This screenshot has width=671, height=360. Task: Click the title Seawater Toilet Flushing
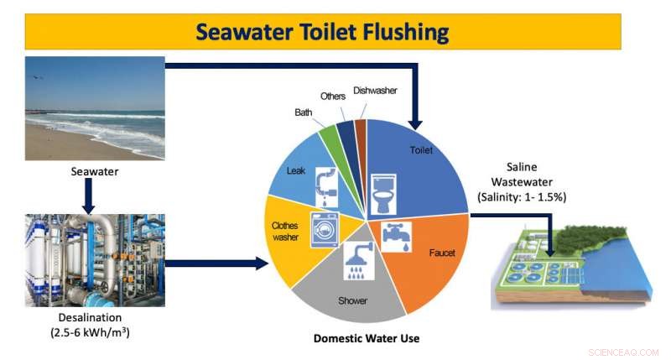pyautogui.click(x=322, y=33)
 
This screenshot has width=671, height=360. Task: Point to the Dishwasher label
pyautogui.click(x=375, y=90)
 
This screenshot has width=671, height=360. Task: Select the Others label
pyautogui.click(x=332, y=97)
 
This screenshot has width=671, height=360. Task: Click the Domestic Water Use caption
pyautogui.click(x=367, y=338)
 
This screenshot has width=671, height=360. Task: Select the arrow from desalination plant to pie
pyautogui.click(x=214, y=265)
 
